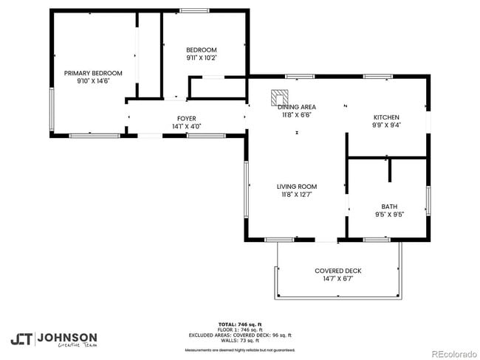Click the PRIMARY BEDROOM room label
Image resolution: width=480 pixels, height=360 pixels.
click(x=93, y=73)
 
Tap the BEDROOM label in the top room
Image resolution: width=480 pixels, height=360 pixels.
click(x=202, y=49)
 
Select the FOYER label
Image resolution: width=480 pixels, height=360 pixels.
click(x=186, y=118)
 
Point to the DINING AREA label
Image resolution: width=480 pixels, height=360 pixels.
click(x=297, y=107)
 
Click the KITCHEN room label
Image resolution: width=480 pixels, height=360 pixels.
click(x=386, y=117)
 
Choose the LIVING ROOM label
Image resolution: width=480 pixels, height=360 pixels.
click(x=297, y=187)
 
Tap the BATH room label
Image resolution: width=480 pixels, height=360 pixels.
click(x=389, y=207)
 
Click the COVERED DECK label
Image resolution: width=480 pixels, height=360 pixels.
click(x=337, y=271)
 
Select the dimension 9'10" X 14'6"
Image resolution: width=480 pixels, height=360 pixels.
click(x=93, y=81)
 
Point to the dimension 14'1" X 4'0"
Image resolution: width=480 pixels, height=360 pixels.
click(x=186, y=126)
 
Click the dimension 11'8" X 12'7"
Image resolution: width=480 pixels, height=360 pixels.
click(x=297, y=195)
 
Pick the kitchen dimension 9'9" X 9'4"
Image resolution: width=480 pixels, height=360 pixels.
click(x=386, y=125)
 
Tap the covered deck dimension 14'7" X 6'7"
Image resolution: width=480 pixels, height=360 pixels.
click(x=337, y=279)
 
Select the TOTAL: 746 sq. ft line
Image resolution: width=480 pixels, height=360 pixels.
click(x=240, y=325)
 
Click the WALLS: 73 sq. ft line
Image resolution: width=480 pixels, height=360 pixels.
click(x=240, y=340)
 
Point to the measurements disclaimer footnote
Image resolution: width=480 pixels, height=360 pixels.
click(x=240, y=350)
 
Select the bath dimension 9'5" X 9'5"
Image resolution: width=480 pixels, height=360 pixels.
click(x=389, y=215)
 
